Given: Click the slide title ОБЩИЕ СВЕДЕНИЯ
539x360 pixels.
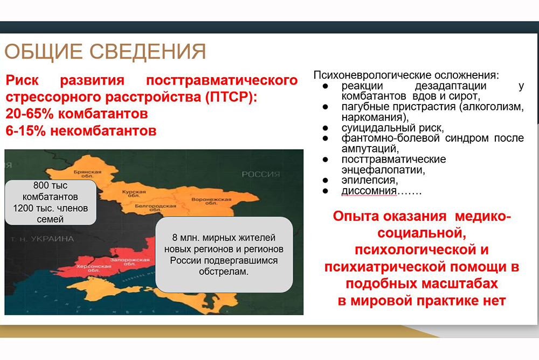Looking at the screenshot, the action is tap(105, 52).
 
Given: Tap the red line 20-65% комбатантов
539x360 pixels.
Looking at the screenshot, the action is tap(77, 114).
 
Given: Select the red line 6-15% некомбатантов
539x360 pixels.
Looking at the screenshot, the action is tap(81, 130).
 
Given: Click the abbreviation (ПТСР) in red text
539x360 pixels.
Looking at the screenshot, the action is tap(231, 98).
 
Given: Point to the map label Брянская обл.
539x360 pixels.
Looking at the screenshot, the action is tap(88, 174).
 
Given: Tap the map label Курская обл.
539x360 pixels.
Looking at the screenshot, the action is tap(134, 193).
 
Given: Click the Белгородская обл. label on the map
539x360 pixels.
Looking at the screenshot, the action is tap(155, 207).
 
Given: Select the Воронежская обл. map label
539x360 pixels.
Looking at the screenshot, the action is tap(211, 201).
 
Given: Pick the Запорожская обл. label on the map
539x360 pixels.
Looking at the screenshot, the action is tap(130, 262).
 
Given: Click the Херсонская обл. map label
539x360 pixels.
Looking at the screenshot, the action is tap(94, 268).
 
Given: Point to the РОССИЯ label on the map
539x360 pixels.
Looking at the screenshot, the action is tap(261, 174).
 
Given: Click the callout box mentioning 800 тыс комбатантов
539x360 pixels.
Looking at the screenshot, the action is tap(51, 202).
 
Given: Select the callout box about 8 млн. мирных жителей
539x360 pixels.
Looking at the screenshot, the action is tap(224, 254).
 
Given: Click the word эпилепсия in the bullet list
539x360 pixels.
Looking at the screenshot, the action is tap(370, 180).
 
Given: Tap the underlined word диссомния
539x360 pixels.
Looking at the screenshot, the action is tap(369, 191).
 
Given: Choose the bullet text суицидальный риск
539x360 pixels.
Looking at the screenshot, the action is tap(392, 128).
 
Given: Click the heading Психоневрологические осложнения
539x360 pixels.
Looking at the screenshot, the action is tap(406, 75).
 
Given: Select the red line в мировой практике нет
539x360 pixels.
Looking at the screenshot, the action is tap(422, 301).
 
